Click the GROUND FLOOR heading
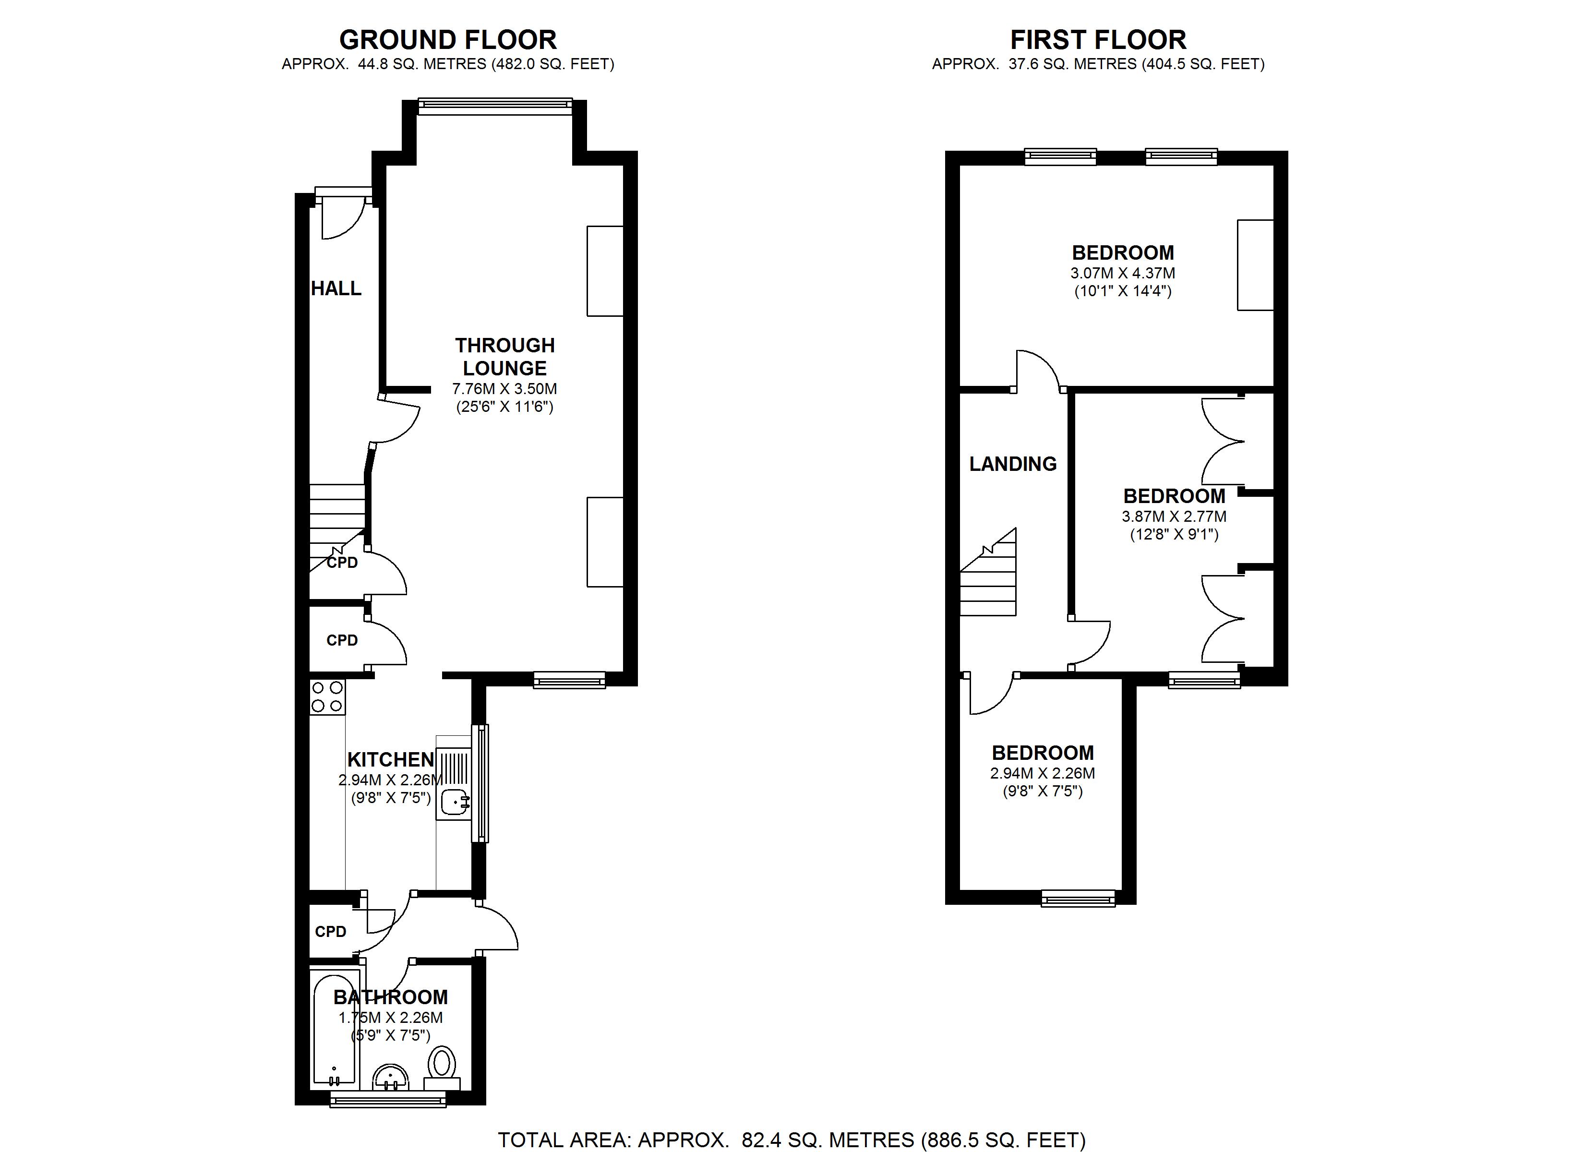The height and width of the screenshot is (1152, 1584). (448, 40)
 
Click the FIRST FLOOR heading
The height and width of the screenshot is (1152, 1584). (1098, 40)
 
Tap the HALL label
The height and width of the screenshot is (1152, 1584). (336, 288)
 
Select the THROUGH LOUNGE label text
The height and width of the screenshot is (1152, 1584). (504, 356)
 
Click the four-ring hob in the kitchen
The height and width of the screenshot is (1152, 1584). (327, 696)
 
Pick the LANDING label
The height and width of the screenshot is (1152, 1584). (1013, 464)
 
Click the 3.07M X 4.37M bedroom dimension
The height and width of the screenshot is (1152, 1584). (1122, 273)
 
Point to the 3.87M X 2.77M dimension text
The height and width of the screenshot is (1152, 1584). (1174, 517)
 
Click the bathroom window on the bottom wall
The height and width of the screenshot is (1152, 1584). (388, 1102)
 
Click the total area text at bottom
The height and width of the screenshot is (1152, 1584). (792, 1140)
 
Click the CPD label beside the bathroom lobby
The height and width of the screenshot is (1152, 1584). (330, 931)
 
